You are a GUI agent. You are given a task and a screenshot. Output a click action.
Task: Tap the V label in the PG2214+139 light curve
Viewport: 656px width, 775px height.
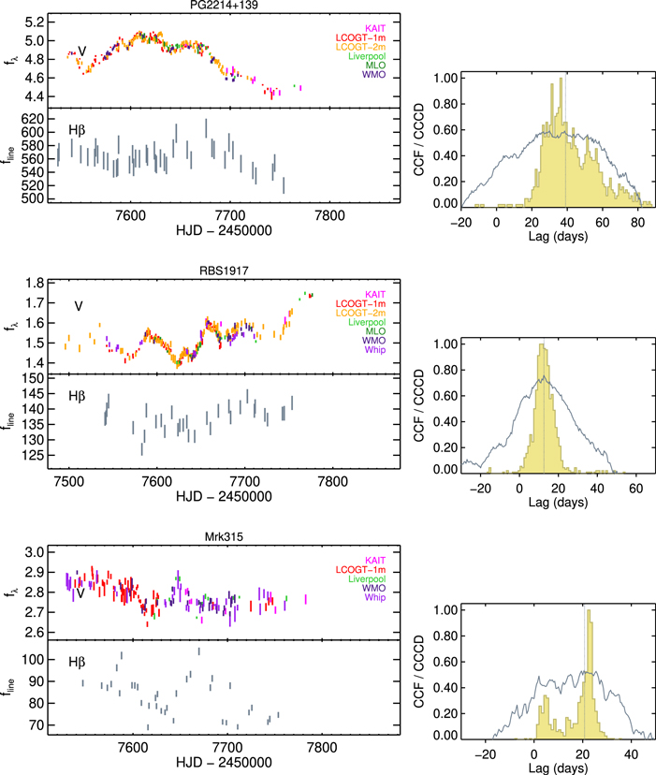click(82, 51)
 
